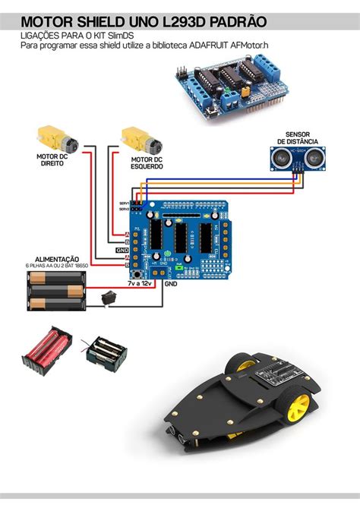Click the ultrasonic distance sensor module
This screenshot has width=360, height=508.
[292, 156]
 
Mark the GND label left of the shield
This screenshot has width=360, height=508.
[122, 249]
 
